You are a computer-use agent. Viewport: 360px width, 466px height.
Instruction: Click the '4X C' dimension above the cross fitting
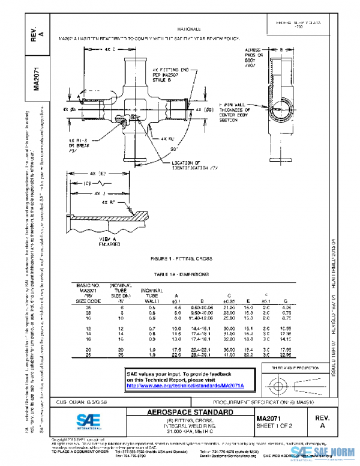[x=109, y=49]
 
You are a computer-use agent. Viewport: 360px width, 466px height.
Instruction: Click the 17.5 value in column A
[x=178, y=349]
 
